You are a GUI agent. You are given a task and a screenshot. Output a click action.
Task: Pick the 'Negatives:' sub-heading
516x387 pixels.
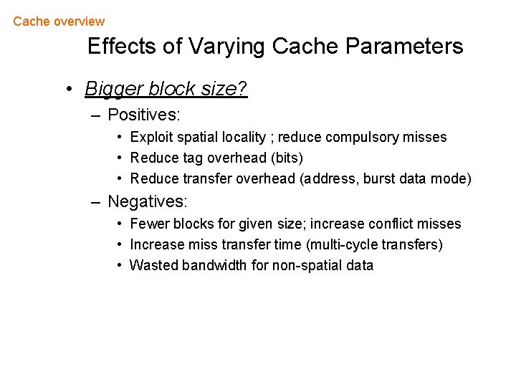click(148, 202)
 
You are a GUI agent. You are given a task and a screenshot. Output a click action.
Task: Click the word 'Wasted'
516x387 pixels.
click(153, 266)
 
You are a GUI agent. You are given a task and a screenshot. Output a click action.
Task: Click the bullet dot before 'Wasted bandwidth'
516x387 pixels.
click(120, 266)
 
